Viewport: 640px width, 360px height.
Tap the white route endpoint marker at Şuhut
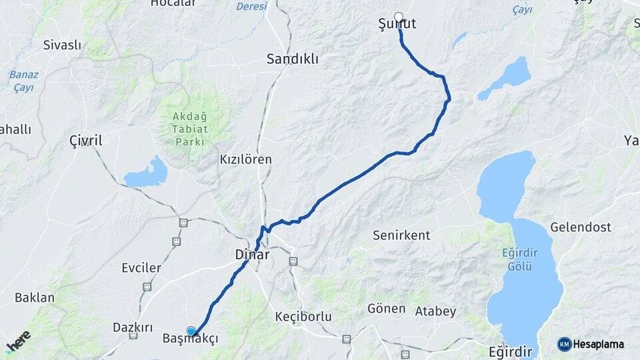[399, 17]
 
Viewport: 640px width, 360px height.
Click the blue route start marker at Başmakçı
[191, 331]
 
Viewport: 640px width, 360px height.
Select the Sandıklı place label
[292, 59]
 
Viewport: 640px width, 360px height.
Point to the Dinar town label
[252, 255]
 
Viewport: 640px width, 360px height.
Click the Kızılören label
[246, 160]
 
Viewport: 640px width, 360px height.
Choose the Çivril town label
[86, 141]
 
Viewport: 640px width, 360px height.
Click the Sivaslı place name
[62, 45]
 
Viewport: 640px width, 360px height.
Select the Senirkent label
[401, 235]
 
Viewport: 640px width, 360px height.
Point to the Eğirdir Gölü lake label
[517, 259]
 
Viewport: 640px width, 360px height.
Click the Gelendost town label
[580, 227]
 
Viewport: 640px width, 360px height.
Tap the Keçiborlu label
[303, 316]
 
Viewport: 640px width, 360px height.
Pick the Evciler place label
[141, 268]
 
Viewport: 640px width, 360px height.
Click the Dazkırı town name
[133, 328]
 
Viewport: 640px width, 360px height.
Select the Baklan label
[35, 297]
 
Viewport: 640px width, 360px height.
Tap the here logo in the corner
[18, 341]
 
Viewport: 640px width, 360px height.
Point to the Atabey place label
[435, 311]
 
